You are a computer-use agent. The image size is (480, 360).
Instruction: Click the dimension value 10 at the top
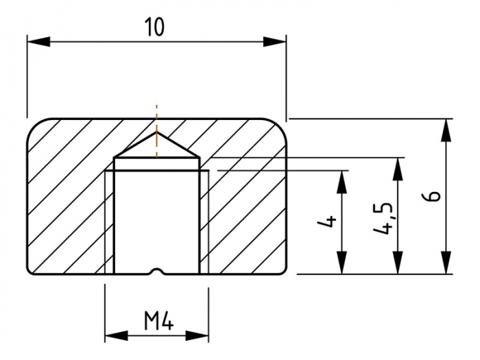[x=155, y=27]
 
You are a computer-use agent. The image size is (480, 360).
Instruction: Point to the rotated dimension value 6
[x=431, y=196]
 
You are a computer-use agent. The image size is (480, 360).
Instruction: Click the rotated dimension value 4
[x=327, y=221]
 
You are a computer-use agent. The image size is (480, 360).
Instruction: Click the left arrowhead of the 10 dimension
[x=38, y=42]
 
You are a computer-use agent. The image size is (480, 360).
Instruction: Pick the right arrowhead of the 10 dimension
[x=274, y=42]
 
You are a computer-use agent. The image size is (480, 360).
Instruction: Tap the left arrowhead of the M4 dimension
[x=117, y=335]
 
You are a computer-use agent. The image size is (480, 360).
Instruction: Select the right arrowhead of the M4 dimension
[x=197, y=335]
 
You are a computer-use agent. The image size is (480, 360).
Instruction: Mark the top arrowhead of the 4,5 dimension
[x=398, y=169]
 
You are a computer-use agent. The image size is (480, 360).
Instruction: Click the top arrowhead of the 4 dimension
[x=341, y=182]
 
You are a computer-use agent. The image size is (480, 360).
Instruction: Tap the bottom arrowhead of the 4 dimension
[x=341, y=263]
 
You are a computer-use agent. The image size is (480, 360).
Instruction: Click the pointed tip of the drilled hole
[x=156, y=132]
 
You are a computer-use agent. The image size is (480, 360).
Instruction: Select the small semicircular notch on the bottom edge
[x=157, y=271]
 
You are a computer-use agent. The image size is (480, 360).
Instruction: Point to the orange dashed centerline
[x=156, y=131]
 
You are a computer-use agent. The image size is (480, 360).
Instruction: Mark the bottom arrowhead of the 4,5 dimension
[x=398, y=263]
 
